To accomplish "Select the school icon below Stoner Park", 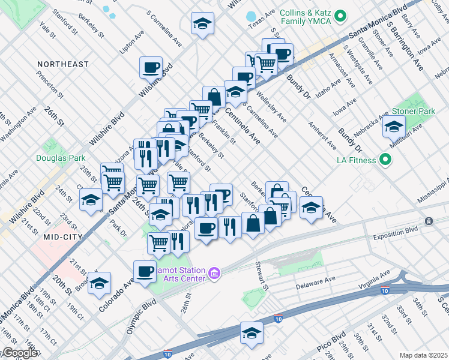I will [394, 127].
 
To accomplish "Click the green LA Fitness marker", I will [386, 160].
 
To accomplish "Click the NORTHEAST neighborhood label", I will [62, 64].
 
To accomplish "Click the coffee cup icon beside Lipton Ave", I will [151, 67].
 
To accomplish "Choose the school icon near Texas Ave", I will [202, 25].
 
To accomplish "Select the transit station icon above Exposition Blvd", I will [429, 221].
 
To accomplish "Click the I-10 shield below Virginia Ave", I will [384, 290].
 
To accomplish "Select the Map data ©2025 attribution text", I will [423, 355].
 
